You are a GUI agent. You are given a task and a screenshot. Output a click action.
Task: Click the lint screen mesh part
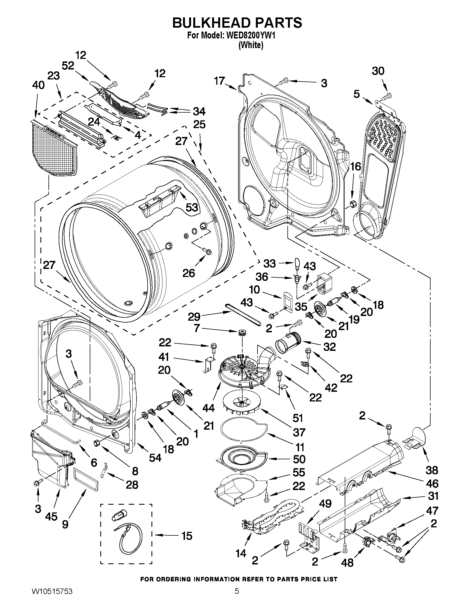pyautogui.click(x=53, y=149)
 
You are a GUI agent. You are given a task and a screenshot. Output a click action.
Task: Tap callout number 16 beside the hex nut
pyautogui.click(x=356, y=167)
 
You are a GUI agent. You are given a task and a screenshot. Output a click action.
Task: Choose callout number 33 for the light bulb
pyautogui.click(x=269, y=263)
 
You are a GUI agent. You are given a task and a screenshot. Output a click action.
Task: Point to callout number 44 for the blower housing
pyautogui.click(x=209, y=408)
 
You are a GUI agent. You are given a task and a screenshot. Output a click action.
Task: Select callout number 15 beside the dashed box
pyautogui.click(x=187, y=536)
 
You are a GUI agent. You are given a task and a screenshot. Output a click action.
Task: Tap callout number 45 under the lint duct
pyautogui.click(x=51, y=516)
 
